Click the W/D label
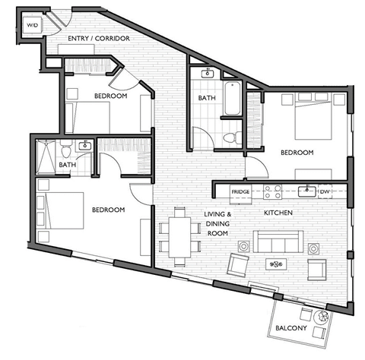pyautogui.click(x=32, y=26)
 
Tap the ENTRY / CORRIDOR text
pyautogui.click(x=98, y=38)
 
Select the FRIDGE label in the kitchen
pyautogui.click(x=241, y=192)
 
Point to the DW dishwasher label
pyautogui.click(x=324, y=192)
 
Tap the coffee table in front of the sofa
pyautogui.click(x=275, y=264)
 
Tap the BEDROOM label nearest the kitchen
pyautogui.click(x=297, y=153)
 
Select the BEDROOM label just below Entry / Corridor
pyautogui.click(x=110, y=96)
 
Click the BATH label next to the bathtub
pyautogui.click(x=207, y=98)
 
